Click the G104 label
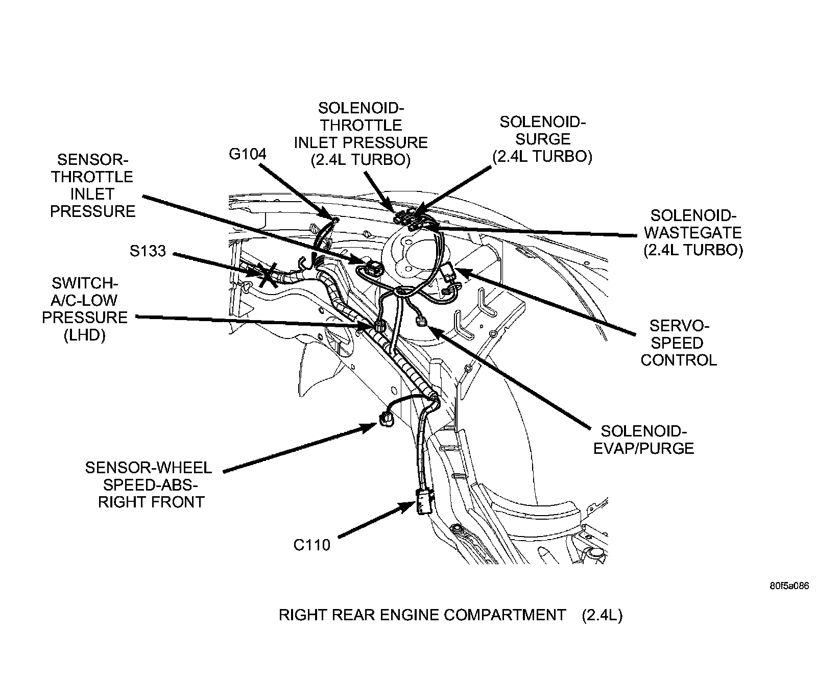[x=247, y=154]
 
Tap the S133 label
[x=148, y=251]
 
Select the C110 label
[x=311, y=545]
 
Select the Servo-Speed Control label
[x=679, y=343]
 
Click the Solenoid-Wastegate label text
[x=693, y=232]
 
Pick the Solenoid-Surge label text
[x=542, y=139]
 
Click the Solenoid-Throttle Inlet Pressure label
[x=361, y=134]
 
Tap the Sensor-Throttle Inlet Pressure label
[x=92, y=185]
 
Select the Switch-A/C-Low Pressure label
[x=85, y=309]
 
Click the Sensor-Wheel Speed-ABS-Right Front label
[x=149, y=484]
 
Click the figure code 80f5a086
[x=789, y=586]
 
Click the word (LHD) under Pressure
[x=85, y=335]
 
